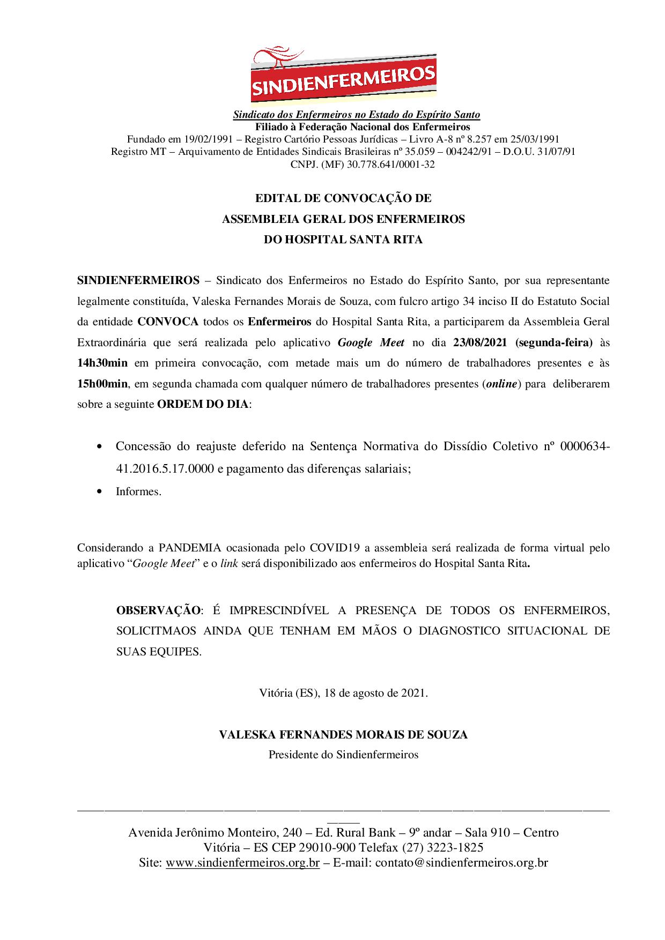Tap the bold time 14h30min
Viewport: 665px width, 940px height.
point(102,363)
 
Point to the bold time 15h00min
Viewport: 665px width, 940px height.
point(102,384)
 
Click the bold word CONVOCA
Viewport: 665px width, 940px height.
point(168,322)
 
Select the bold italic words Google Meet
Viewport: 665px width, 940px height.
point(371,342)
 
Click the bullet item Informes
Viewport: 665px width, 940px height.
point(138,491)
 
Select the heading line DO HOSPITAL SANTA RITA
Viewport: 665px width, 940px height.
point(343,240)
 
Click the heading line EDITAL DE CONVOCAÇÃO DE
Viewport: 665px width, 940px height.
point(343,198)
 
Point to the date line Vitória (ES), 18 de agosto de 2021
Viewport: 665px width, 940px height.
point(343,692)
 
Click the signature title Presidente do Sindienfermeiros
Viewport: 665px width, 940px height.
point(343,755)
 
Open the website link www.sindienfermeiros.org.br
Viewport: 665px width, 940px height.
point(243,863)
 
